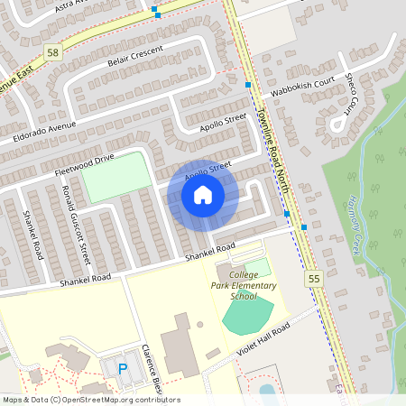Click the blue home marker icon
[203, 194]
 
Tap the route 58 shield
[53, 52]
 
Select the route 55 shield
[314, 281]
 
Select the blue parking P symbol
[124, 367]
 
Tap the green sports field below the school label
[247, 315]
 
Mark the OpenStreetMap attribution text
[90, 400]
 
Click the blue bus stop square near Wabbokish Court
[248, 85]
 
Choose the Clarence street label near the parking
[150, 370]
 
